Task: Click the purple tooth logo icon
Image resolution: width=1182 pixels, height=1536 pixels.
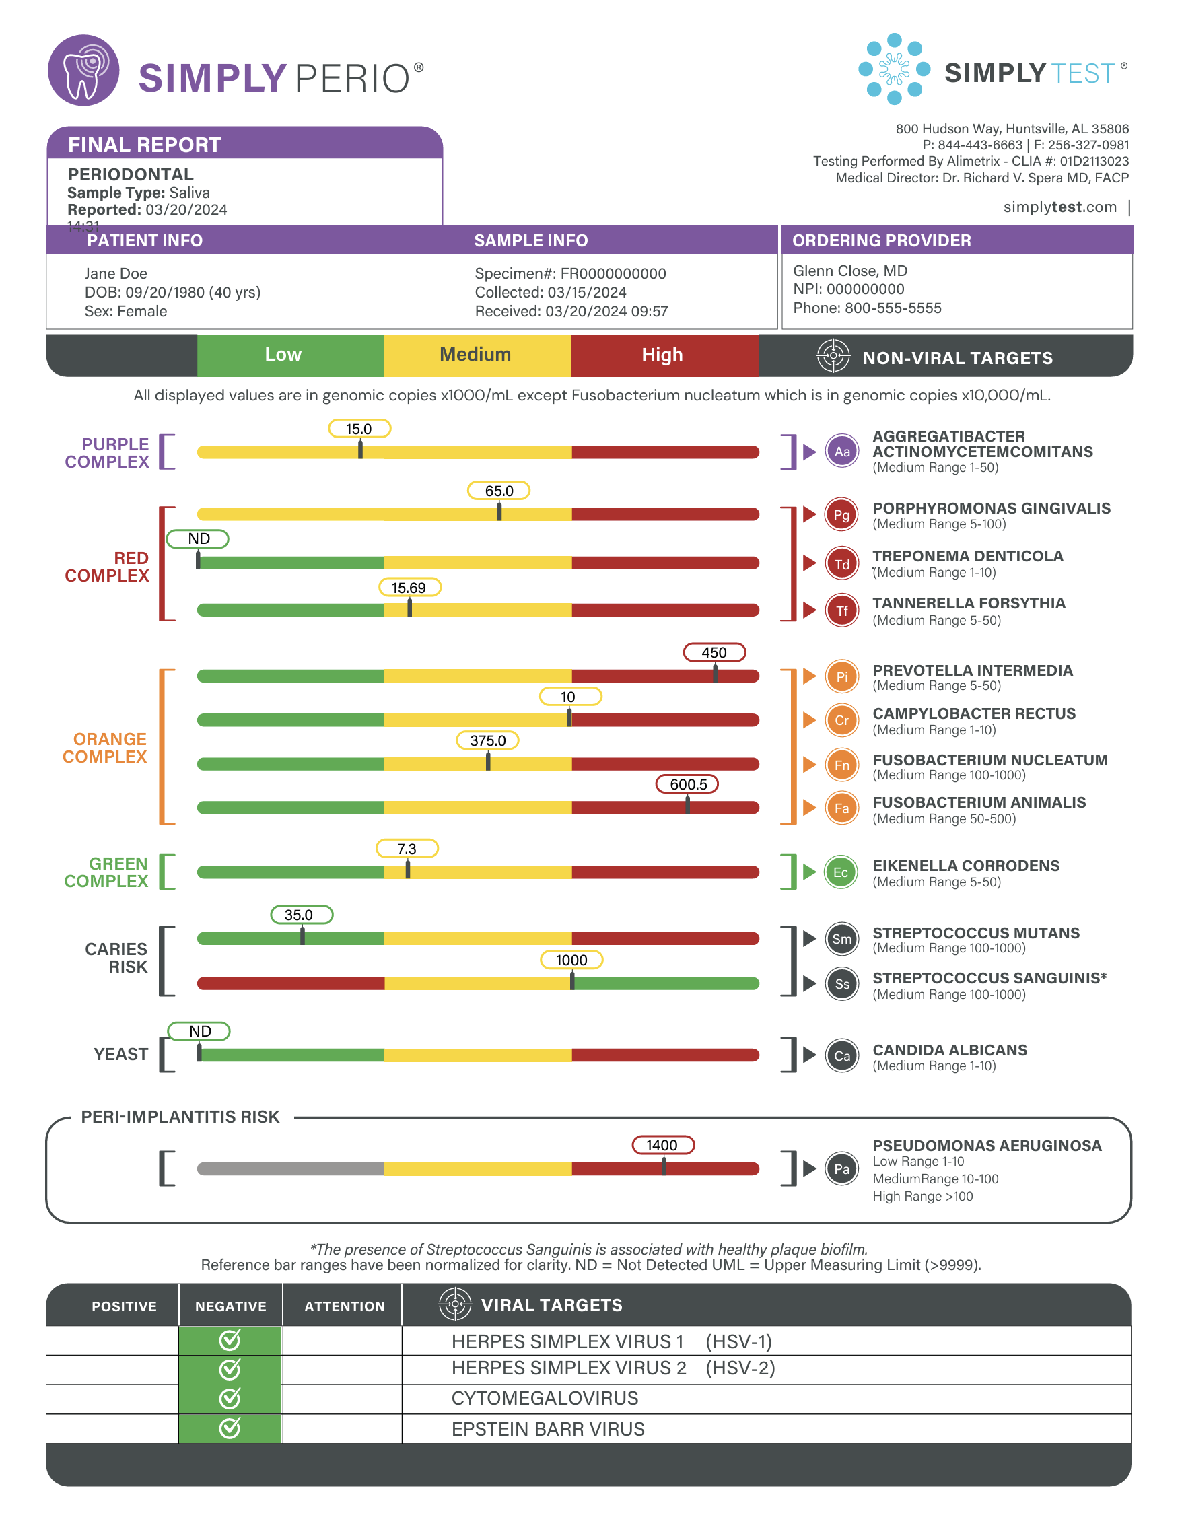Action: (x=83, y=70)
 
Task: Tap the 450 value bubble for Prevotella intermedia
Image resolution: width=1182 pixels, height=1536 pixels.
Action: (x=714, y=652)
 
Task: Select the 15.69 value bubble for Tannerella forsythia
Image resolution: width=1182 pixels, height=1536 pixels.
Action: (x=409, y=587)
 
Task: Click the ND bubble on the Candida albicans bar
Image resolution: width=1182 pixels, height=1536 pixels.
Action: (x=199, y=1031)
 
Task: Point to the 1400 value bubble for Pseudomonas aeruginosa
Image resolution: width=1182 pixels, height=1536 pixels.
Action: (x=662, y=1145)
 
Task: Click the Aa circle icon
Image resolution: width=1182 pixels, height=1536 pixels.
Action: (x=841, y=452)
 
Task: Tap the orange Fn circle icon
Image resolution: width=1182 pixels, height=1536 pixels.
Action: (x=841, y=765)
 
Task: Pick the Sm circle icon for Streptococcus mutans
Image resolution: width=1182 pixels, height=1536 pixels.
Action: (x=841, y=939)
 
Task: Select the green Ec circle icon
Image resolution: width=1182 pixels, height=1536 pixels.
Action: (x=841, y=872)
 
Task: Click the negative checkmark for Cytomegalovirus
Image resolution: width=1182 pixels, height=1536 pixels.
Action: (x=230, y=1398)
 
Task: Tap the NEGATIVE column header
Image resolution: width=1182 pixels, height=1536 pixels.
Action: (x=231, y=1306)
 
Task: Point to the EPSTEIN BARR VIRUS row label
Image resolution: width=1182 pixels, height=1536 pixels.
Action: (x=548, y=1429)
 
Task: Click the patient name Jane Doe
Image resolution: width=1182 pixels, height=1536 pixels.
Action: (x=116, y=273)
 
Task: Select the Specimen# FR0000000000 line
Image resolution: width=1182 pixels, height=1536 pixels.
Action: (x=570, y=273)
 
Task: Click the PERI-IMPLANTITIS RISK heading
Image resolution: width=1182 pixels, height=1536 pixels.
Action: (x=180, y=1117)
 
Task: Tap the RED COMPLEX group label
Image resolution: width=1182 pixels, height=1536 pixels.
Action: (x=108, y=567)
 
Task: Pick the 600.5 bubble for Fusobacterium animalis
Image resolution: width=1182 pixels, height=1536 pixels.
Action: (x=687, y=784)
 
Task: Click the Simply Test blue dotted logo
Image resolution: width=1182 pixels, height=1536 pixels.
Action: (x=894, y=69)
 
